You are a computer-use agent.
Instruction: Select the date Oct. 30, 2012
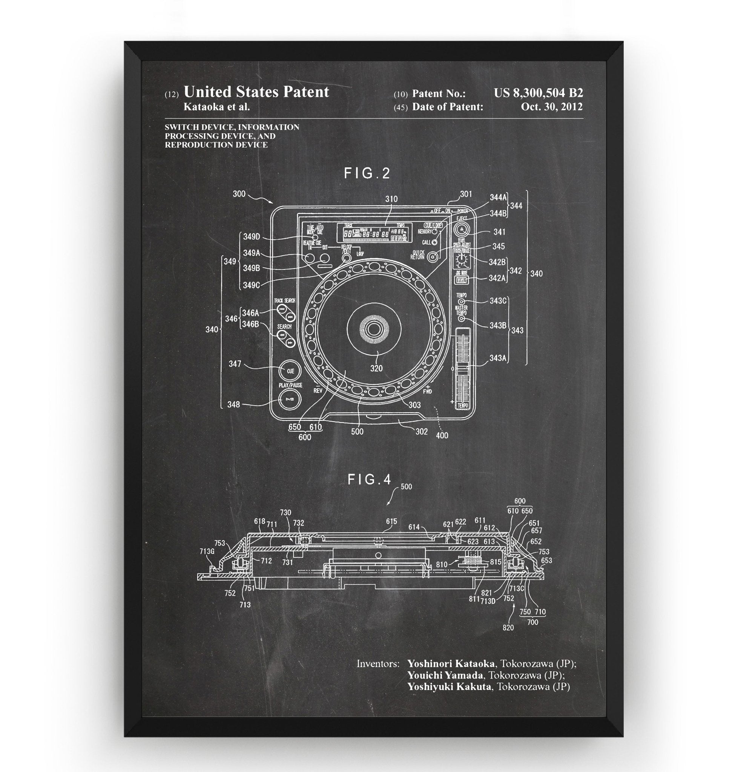coord(552,107)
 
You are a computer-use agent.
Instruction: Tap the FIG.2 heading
coord(367,174)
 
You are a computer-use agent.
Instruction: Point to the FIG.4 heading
coord(369,480)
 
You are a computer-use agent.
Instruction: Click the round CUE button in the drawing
coord(290,371)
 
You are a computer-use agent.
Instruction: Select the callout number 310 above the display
coord(391,199)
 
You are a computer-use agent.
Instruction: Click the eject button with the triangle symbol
coord(462,228)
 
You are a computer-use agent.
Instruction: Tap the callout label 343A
coord(498,358)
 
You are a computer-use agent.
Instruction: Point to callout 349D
coord(251,236)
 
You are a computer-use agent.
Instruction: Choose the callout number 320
coord(376,368)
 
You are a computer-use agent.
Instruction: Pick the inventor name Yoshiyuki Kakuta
coord(449,686)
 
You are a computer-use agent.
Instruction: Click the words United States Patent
coord(256,92)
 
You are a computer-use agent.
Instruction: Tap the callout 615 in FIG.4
coord(391,522)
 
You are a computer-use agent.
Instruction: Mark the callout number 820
coord(508,628)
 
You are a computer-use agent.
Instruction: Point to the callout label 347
coord(235,364)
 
